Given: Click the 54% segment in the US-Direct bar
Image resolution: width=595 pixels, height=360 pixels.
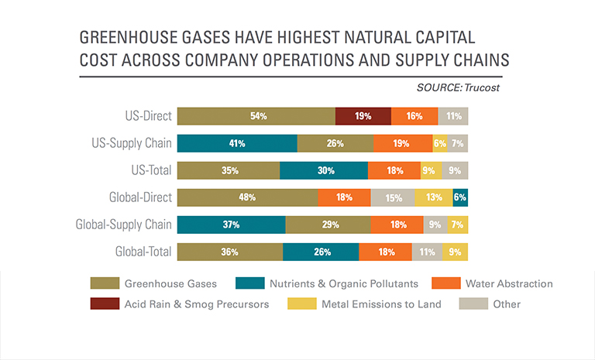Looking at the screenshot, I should coord(256,116).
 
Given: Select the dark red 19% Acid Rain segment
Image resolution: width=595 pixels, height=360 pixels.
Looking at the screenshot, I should coord(363,116).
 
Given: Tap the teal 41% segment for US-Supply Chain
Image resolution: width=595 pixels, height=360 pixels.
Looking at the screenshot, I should coord(237,143).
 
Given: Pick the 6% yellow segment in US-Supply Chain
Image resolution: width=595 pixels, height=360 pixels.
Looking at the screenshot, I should coord(440,143).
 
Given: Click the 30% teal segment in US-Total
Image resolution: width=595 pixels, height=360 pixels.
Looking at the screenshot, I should coord(324,170).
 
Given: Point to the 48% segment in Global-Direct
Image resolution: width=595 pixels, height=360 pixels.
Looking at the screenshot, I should coord(248,197).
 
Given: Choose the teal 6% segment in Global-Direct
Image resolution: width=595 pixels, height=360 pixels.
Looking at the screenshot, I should coord(460,197).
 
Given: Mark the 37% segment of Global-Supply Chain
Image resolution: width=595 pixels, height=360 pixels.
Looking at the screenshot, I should coord(231,225).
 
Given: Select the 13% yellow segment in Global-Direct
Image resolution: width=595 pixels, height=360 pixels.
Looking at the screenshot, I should coord(434,197).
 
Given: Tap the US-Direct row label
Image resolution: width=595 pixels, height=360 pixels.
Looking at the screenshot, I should coord(147,116).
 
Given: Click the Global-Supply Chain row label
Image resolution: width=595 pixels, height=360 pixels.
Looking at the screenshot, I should coord(123,225).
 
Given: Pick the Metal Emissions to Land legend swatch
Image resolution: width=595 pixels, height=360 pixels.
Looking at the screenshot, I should coord(300,303).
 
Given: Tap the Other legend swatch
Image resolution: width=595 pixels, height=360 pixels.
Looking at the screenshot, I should coord(473,303).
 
